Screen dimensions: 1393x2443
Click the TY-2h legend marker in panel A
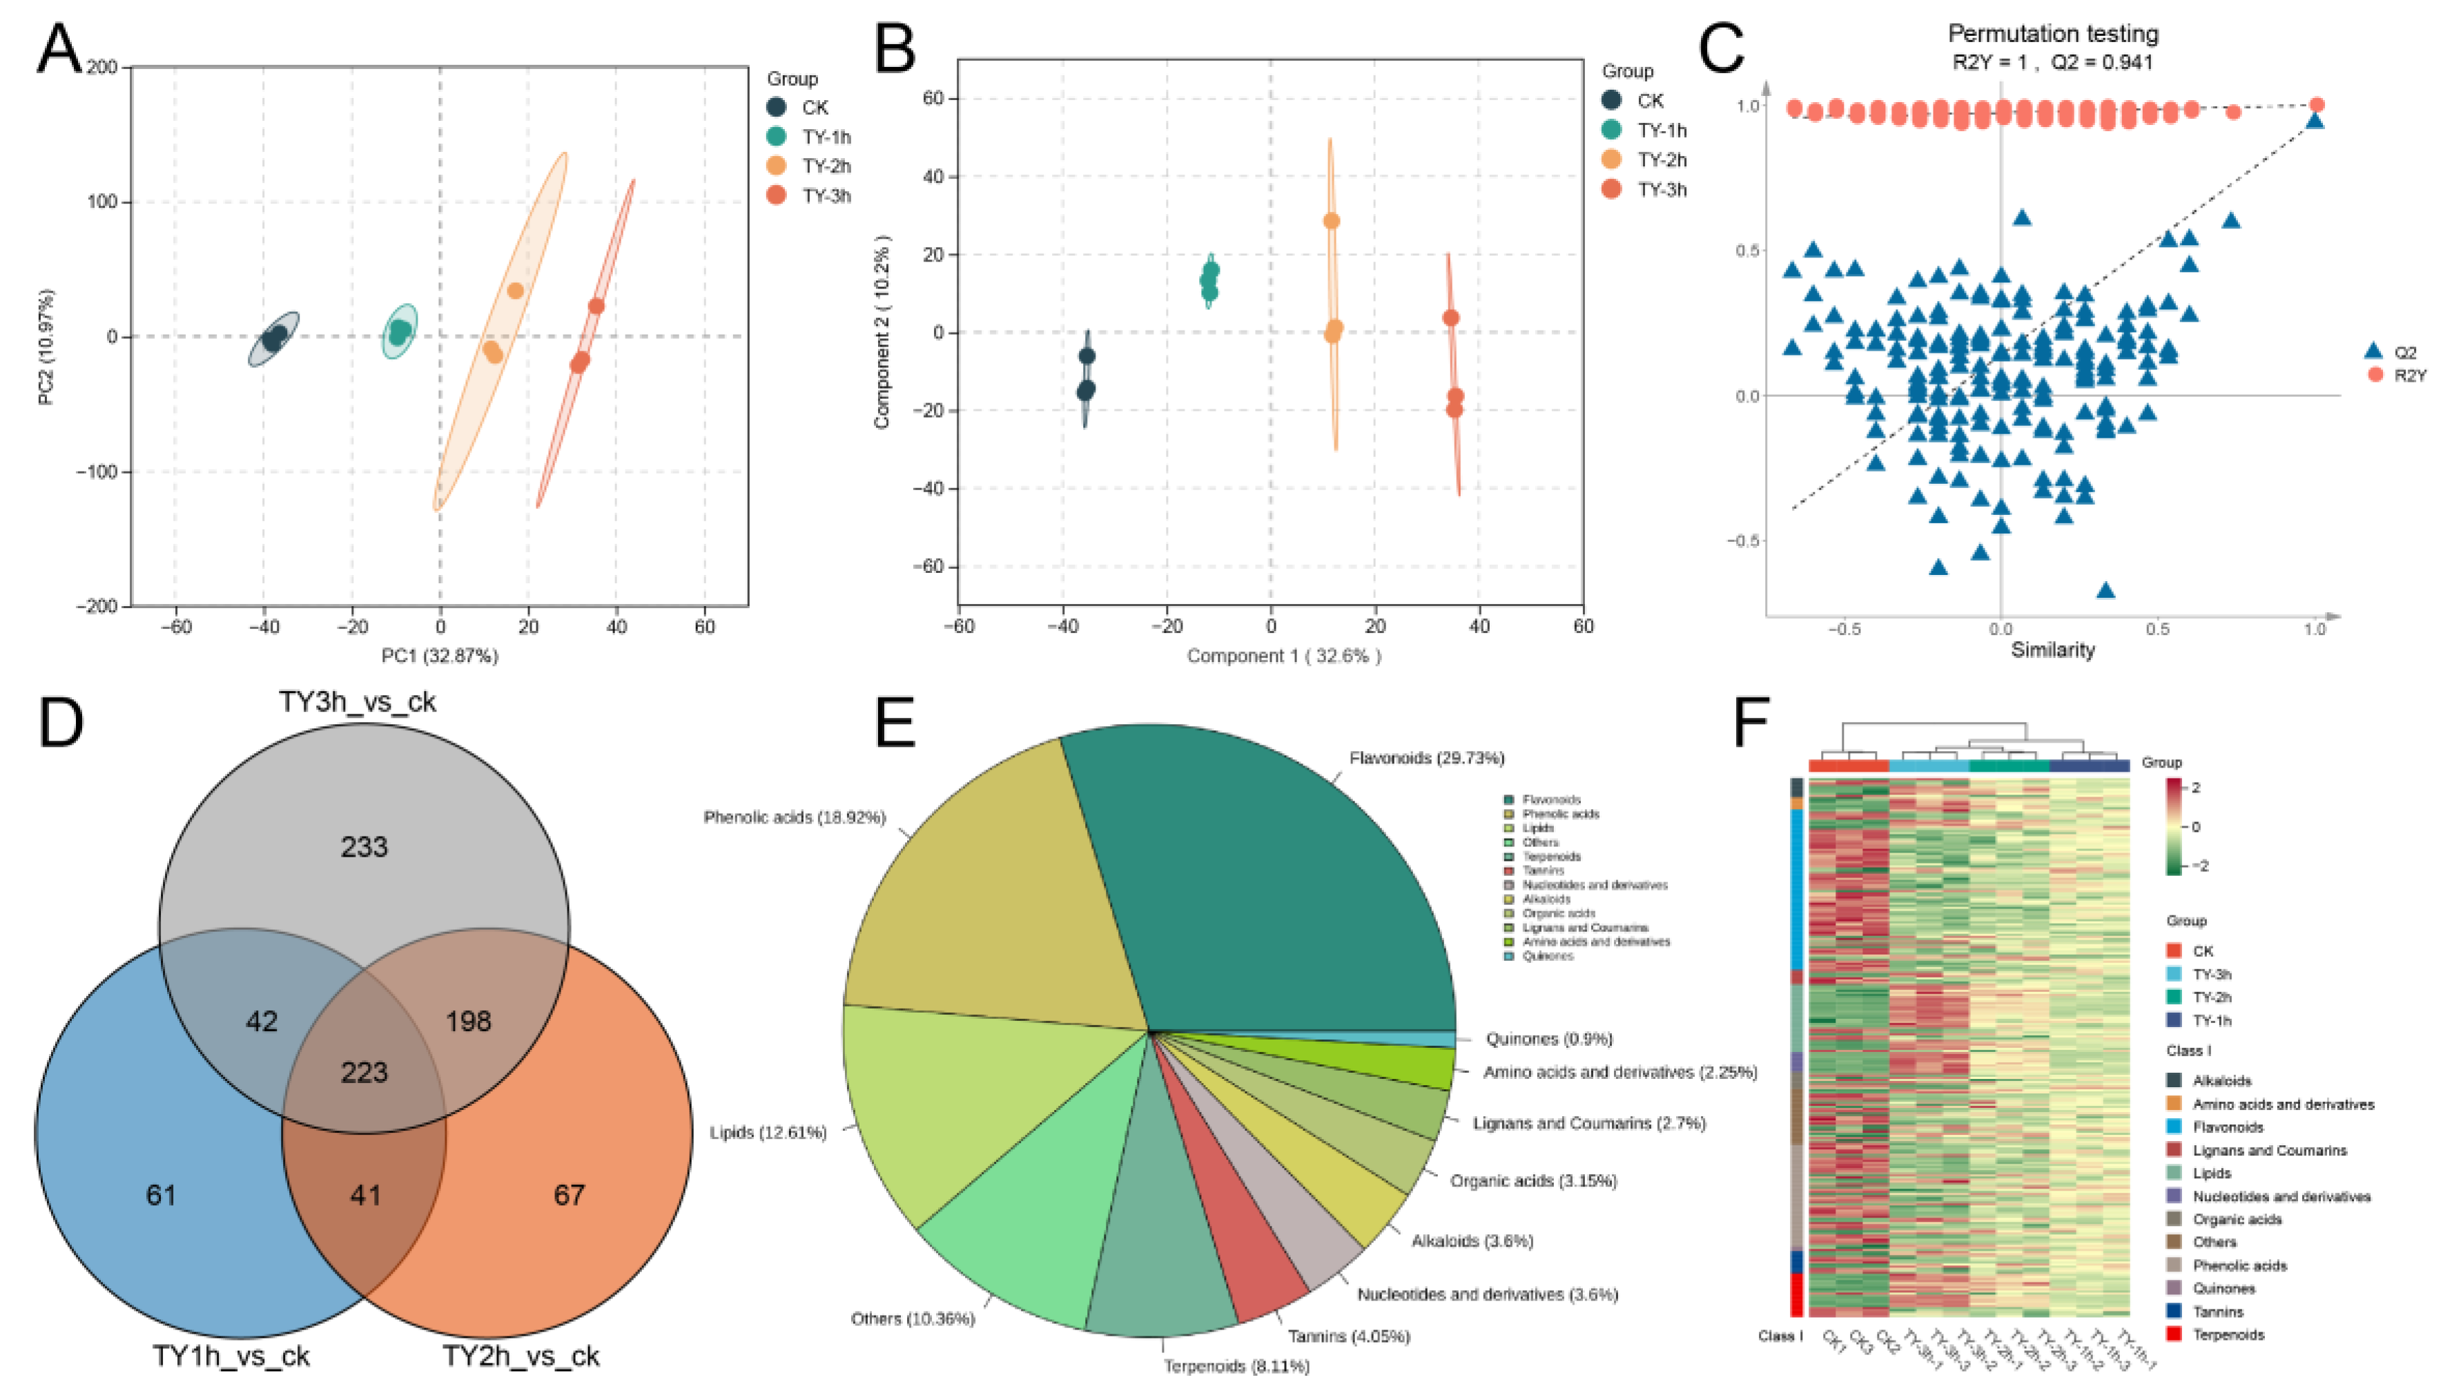[x=777, y=166]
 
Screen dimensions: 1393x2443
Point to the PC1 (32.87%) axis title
[x=439, y=656]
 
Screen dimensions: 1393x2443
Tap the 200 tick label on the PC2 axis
[x=101, y=67]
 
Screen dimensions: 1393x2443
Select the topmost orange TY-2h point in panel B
[x=1330, y=221]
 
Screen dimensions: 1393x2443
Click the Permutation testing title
[x=2053, y=34]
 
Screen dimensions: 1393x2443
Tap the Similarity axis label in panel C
[x=2053, y=650]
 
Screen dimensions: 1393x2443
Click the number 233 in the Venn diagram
[x=364, y=847]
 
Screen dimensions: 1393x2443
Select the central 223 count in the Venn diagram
[x=364, y=1073]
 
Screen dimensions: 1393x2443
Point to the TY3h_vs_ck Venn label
[x=357, y=702]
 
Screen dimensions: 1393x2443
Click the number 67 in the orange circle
[x=569, y=1195]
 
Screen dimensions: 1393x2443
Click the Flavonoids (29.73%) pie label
[x=1426, y=759]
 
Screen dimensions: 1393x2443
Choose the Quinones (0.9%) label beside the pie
[x=1548, y=1039]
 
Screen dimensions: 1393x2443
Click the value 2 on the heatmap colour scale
[x=2196, y=788]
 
